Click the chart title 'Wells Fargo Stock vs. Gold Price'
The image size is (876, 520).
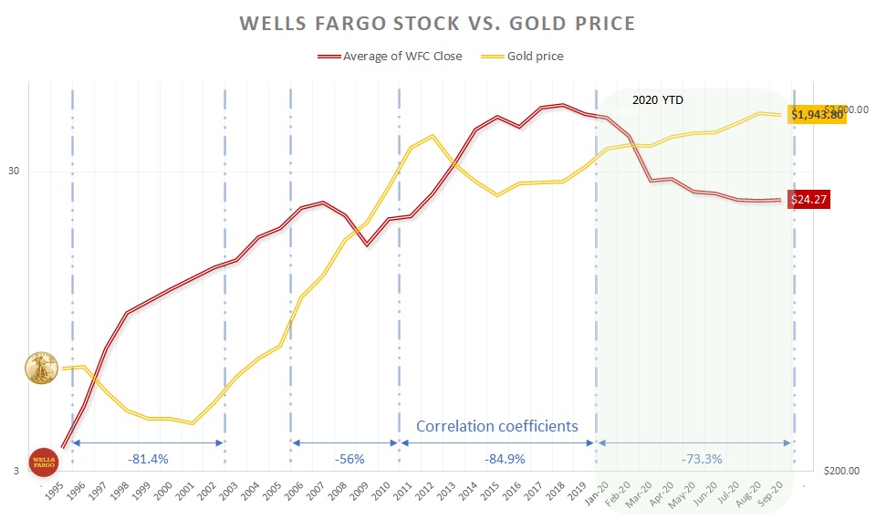[438, 22]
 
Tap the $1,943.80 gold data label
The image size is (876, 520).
[818, 115]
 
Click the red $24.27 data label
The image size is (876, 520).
[811, 200]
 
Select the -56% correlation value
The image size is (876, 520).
[345, 459]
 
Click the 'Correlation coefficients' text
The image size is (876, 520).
[497, 426]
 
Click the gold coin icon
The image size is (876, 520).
[42, 368]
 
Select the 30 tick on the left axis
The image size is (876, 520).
[15, 172]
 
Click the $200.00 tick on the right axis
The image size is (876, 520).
[841, 472]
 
